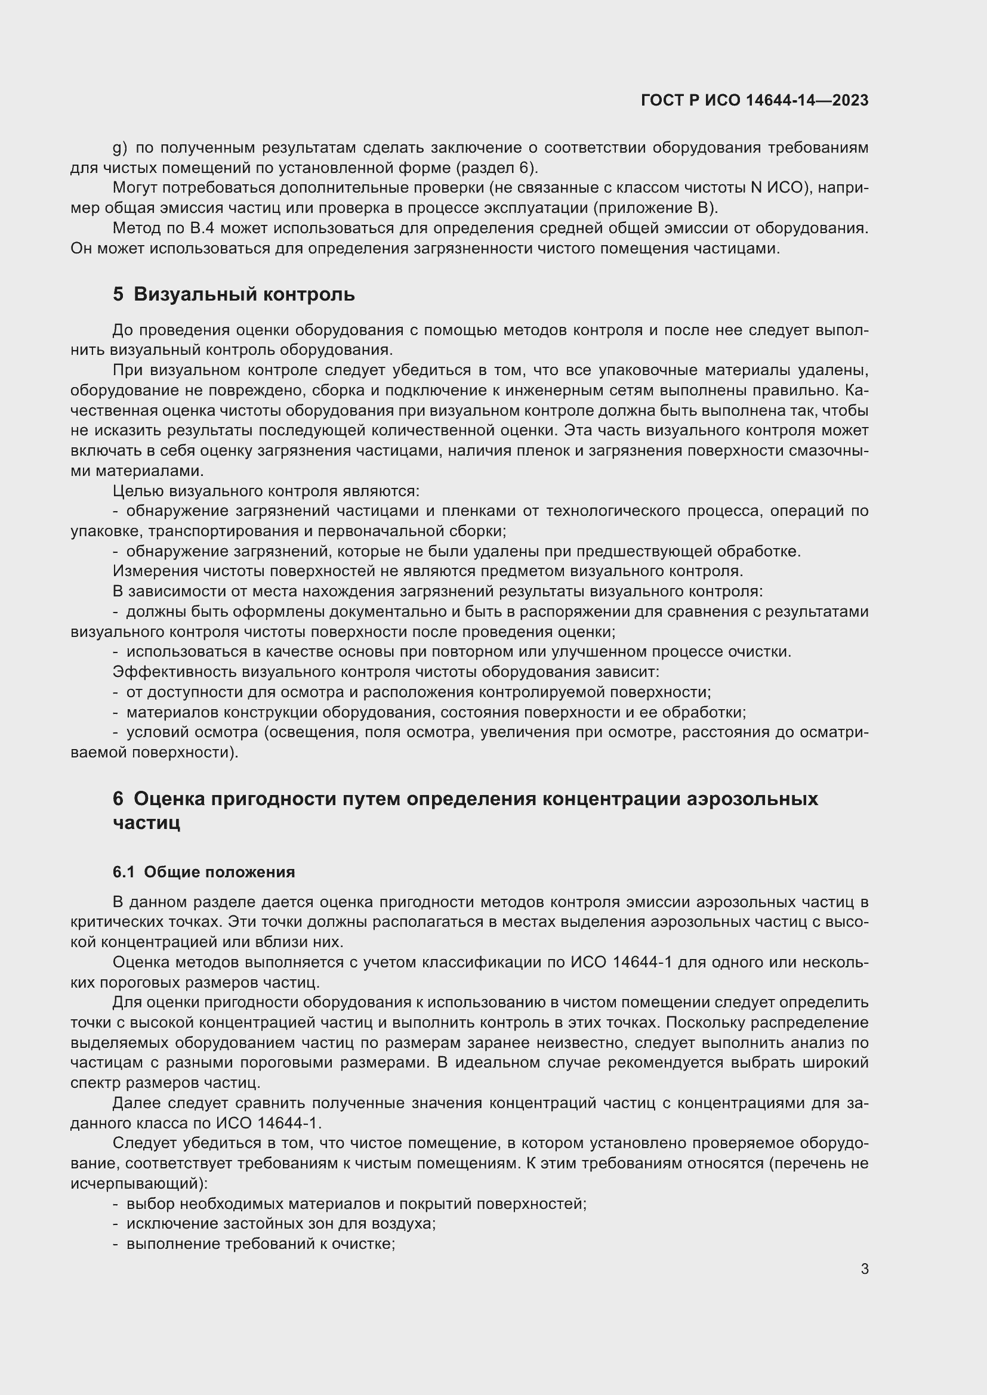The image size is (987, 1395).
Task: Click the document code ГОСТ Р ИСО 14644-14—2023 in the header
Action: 754,101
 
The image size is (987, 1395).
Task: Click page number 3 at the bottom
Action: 864,1269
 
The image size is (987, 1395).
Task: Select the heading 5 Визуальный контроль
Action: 233,295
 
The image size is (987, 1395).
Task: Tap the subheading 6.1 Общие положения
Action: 203,872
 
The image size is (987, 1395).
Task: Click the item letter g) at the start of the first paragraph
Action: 120,149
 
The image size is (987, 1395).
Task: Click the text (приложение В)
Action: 656,208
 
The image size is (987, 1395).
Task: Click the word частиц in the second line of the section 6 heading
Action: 146,823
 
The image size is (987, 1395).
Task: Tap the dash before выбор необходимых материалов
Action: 116,1204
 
